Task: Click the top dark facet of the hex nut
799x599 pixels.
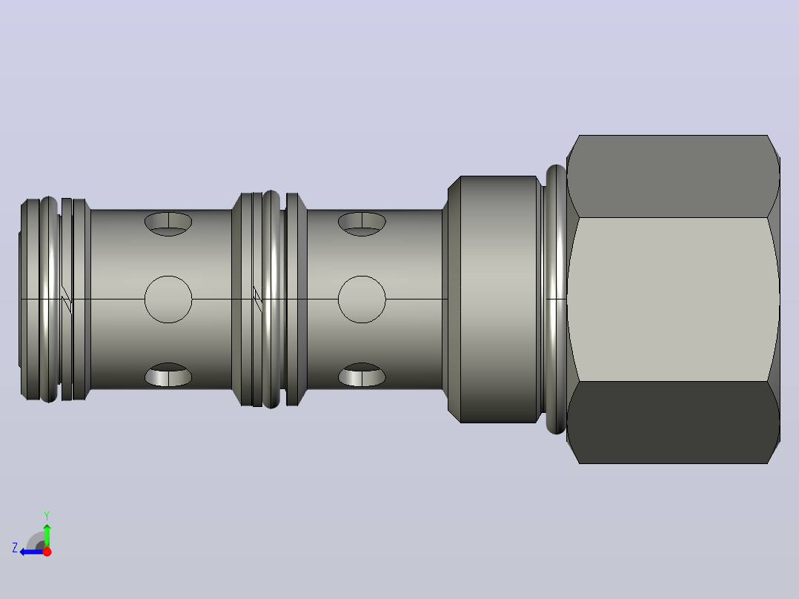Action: coord(673,176)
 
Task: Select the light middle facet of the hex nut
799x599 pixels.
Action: coord(673,299)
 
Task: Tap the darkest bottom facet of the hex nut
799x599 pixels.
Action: coord(673,423)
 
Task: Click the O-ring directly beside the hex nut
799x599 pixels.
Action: coord(556,299)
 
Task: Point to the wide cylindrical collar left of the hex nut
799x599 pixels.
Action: coord(498,299)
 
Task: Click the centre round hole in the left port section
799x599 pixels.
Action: coord(168,299)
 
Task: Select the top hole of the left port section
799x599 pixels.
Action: coord(168,224)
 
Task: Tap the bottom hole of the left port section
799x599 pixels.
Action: coord(168,374)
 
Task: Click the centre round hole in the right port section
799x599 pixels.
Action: coord(362,299)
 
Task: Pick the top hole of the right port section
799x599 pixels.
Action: coord(362,224)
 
